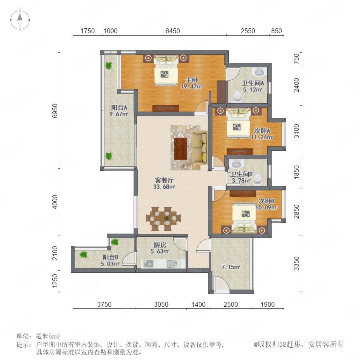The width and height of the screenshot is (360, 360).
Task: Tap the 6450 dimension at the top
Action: [x=173, y=31]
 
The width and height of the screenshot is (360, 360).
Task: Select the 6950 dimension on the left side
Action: [x=55, y=111]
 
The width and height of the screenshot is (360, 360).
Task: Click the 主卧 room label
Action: [x=192, y=80]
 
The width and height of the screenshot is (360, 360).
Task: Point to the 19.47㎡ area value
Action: [x=192, y=86]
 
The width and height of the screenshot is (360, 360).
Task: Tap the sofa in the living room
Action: [x=199, y=147]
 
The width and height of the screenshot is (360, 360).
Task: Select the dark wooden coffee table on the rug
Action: [x=180, y=148]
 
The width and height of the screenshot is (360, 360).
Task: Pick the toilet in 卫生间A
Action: [x=237, y=96]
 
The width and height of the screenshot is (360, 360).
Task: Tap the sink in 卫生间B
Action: [x=236, y=164]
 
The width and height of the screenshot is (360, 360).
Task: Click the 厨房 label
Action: [x=160, y=245]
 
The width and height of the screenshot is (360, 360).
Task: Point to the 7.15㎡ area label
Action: [x=231, y=267]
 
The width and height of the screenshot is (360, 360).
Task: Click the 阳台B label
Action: [x=110, y=257]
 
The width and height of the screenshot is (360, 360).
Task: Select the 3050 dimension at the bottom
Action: [x=161, y=304]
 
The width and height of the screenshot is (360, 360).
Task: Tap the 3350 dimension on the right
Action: [x=297, y=264]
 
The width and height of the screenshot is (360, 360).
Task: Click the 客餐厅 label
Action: [x=164, y=180]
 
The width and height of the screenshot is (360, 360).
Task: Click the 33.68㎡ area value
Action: [x=164, y=187]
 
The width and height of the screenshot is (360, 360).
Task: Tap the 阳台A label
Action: [x=119, y=108]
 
